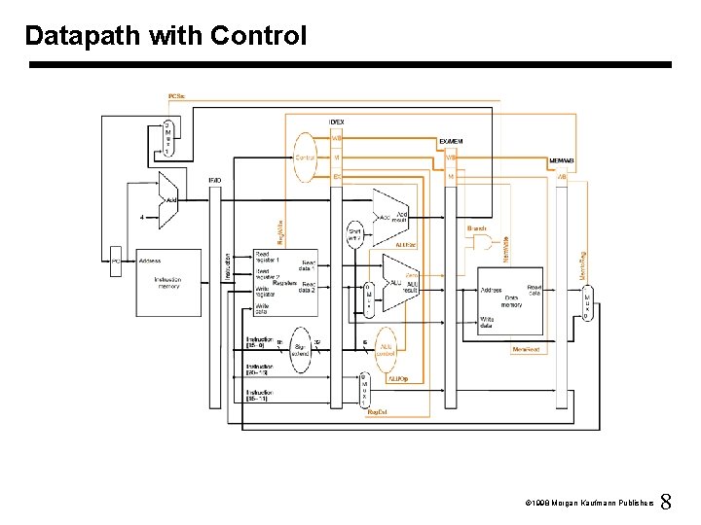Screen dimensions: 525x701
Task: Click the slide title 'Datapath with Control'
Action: pyautogui.click(x=166, y=36)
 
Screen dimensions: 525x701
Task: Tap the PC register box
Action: pyautogui.click(x=115, y=261)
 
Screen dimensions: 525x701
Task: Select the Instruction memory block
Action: pyautogui.click(x=167, y=274)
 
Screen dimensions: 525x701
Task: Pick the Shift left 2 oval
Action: pyautogui.click(x=355, y=233)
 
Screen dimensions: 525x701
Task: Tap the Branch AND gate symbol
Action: pyautogui.click(x=482, y=244)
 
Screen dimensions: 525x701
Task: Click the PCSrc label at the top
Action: pyautogui.click(x=176, y=96)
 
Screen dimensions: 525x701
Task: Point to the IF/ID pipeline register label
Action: pyautogui.click(x=214, y=180)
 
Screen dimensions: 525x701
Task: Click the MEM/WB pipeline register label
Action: pyautogui.click(x=561, y=160)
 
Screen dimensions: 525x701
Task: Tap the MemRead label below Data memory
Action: pyautogui.click(x=526, y=349)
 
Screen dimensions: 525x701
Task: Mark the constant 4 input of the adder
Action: pyautogui.click(x=142, y=217)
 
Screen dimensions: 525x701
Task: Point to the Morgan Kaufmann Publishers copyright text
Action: pyautogui.click(x=585, y=504)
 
